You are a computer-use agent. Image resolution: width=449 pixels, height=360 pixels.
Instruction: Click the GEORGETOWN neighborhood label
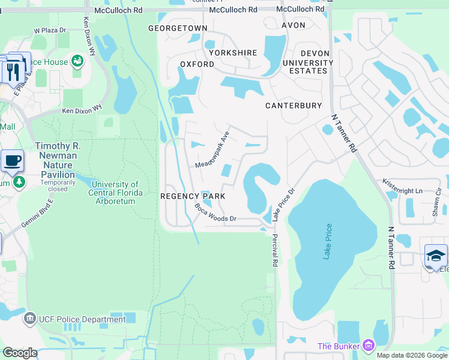(x=178, y=28)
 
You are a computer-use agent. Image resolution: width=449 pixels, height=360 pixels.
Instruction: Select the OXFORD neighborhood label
(x=197, y=64)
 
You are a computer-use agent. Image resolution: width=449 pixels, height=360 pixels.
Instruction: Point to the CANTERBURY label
(x=294, y=106)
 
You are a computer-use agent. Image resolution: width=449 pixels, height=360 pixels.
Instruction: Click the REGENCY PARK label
(x=193, y=196)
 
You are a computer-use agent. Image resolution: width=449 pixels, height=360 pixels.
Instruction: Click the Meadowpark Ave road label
(x=212, y=151)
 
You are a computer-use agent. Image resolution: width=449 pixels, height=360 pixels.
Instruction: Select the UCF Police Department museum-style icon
(x=29, y=319)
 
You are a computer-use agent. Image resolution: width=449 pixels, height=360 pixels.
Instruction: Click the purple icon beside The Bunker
(x=368, y=346)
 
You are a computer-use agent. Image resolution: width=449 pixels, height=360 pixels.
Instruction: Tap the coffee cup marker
(x=12, y=161)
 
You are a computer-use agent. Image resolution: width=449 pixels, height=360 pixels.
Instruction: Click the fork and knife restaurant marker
(x=11, y=71)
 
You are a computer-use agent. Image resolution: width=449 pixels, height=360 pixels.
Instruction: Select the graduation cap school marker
(x=435, y=256)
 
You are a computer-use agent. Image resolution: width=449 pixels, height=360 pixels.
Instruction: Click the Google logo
(x=20, y=352)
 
